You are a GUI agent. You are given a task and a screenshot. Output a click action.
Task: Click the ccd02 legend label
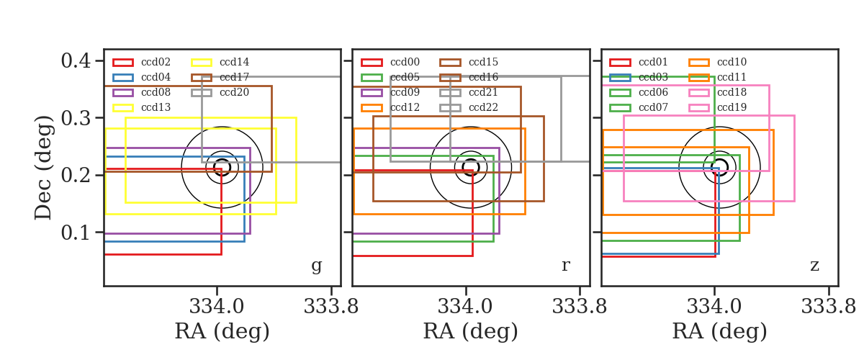(x=156, y=62)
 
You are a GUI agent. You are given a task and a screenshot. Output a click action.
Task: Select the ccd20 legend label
(x=234, y=92)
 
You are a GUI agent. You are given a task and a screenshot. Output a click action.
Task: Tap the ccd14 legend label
(x=234, y=62)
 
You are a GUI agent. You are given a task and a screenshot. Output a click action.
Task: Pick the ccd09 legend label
(x=405, y=92)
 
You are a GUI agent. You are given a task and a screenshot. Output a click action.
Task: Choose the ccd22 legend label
(x=483, y=107)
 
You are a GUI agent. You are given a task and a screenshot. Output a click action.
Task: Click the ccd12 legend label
(x=405, y=107)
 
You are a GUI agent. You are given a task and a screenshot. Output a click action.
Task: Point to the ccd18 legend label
(x=732, y=92)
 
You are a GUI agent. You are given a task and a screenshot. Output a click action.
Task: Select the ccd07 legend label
(x=653, y=107)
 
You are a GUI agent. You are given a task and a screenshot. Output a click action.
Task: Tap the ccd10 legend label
(x=732, y=62)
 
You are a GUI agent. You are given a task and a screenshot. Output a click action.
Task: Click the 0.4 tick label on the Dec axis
(x=76, y=61)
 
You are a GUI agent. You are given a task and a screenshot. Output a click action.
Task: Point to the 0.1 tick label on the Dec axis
(x=76, y=233)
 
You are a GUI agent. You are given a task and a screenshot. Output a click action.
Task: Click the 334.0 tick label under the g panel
(x=217, y=307)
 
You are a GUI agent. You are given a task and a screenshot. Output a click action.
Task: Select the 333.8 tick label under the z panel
(x=829, y=307)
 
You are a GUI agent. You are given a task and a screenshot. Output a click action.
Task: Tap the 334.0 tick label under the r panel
(x=465, y=307)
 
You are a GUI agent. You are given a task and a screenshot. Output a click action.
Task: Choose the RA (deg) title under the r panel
(x=471, y=331)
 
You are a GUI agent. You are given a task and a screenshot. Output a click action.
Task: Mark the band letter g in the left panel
(x=316, y=266)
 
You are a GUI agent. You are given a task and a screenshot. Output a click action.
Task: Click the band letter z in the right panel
(x=814, y=266)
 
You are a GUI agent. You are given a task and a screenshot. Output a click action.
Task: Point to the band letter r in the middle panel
(x=565, y=266)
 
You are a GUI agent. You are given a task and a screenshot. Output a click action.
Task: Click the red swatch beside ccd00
(x=372, y=63)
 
